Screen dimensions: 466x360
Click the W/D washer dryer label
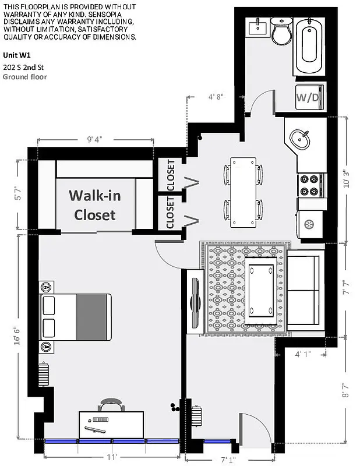point(308,97)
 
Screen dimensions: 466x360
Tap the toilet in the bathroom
point(281,31)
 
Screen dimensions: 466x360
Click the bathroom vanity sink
point(257,27)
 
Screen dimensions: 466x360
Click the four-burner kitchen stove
point(311,185)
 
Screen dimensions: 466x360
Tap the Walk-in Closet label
point(95,204)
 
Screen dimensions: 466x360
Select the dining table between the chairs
point(243,191)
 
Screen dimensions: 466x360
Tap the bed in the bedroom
point(76,317)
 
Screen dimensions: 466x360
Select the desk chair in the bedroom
point(111,405)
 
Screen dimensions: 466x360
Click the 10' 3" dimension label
point(347,179)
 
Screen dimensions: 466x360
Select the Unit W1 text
point(16,55)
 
